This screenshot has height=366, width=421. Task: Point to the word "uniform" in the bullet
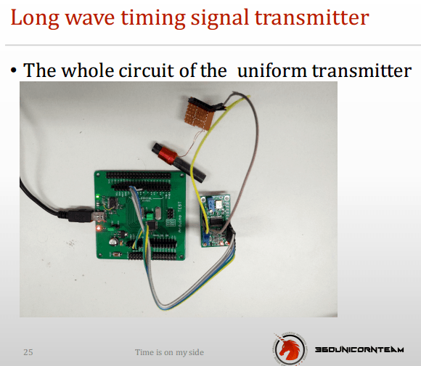272,70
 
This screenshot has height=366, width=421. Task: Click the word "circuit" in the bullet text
146,70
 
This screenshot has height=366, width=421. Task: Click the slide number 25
28,352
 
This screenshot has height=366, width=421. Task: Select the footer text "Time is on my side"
169,352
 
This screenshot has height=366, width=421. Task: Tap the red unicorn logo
290,349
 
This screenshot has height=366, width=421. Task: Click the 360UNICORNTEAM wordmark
359,349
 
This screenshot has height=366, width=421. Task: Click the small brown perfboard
200,114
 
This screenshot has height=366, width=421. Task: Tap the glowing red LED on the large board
99,229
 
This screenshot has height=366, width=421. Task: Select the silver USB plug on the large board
98,216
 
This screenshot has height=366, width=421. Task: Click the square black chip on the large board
152,226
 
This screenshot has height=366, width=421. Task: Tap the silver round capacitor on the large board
113,241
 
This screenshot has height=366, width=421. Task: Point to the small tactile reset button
116,254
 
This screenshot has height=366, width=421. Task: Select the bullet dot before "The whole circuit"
14,71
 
